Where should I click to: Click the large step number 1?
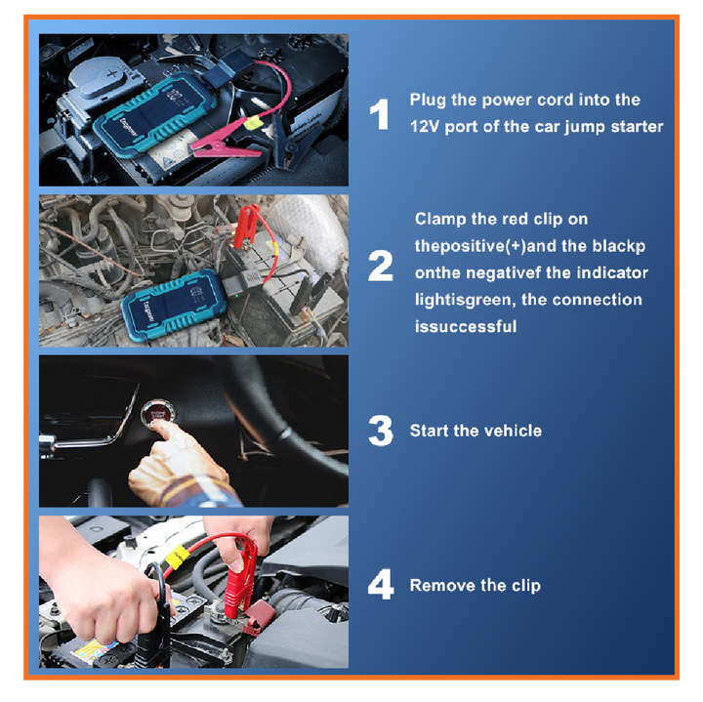[379, 114]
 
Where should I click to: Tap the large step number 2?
[380, 266]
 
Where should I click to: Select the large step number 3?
[381, 431]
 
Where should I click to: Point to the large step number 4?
[381, 584]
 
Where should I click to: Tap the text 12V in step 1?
[425, 126]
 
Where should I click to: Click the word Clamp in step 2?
[440, 220]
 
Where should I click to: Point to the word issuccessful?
[466, 326]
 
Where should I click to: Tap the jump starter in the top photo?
[154, 114]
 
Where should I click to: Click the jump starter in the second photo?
[174, 306]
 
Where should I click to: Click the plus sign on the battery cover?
[112, 73]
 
